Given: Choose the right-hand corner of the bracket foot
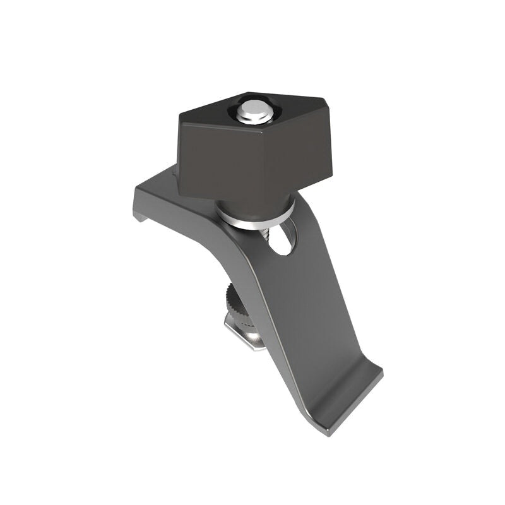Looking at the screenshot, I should click(x=383, y=374).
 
